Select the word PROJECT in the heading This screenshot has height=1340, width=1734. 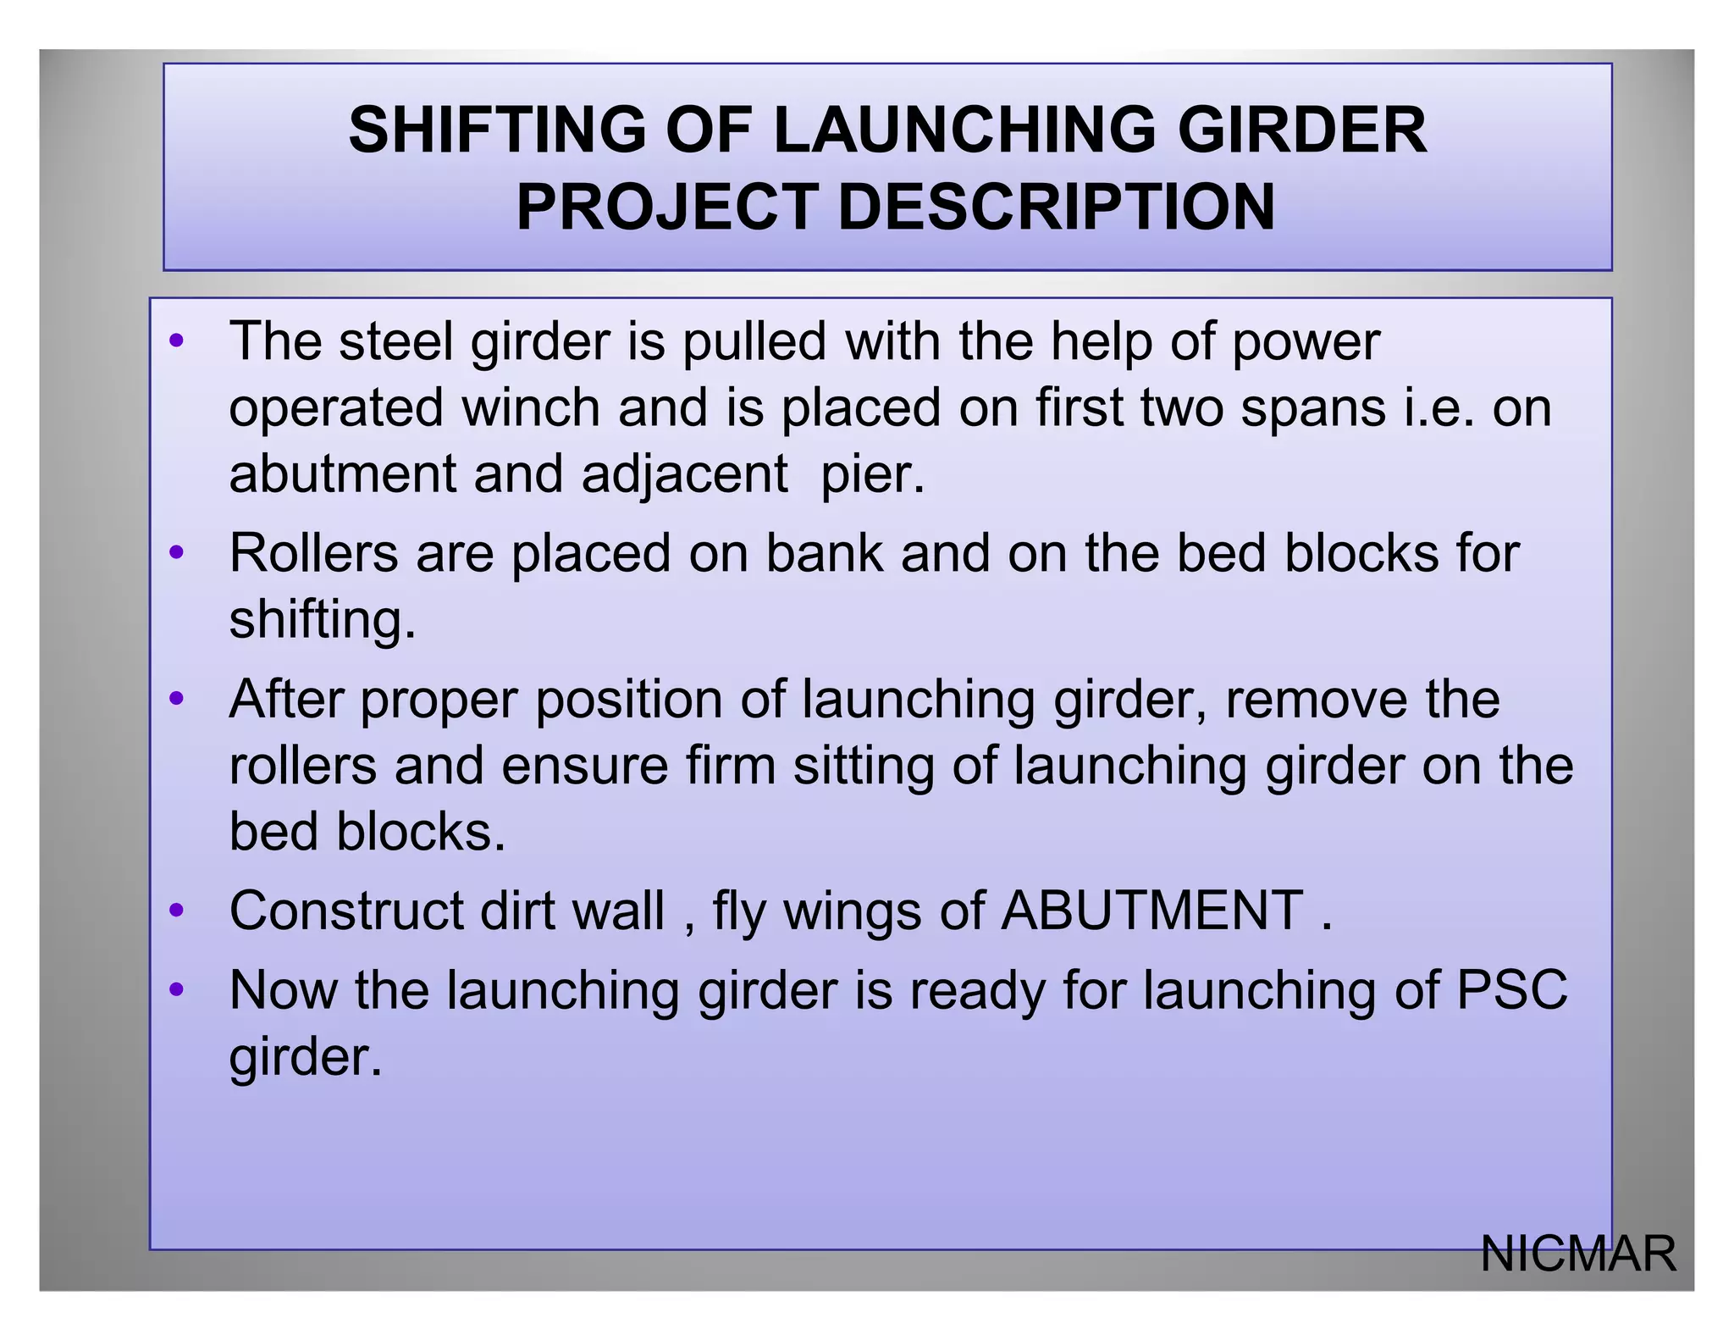click(667, 207)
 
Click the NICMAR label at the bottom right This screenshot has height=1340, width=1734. click(1577, 1254)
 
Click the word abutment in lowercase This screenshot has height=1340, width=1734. click(342, 473)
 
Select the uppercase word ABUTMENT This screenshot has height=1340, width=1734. click(1151, 911)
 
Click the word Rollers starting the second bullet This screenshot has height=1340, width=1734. click(313, 553)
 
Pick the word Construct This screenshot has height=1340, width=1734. click(345, 911)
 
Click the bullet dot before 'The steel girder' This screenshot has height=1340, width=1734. click(176, 342)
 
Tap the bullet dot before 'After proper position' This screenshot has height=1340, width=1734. click(176, 700)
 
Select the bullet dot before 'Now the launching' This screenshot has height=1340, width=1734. click(176, 989)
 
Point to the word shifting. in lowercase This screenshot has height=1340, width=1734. click(323, 620)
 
